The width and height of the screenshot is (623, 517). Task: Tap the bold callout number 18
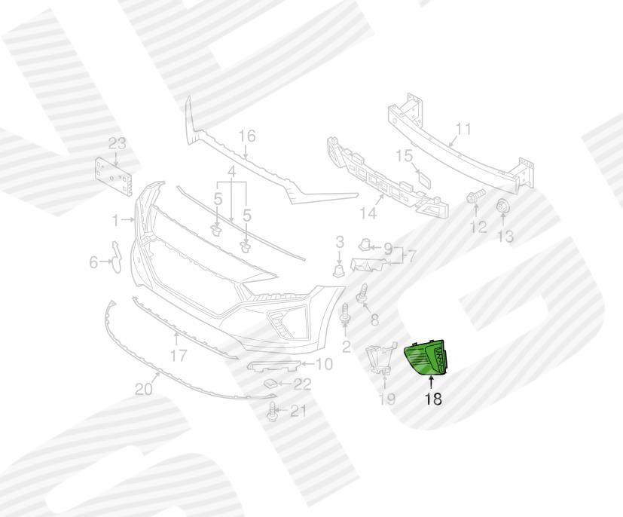click(x=433, y=399)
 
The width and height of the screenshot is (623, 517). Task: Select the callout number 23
click(x=117, y=143)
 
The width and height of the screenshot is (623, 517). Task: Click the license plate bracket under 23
click(x=113, y=177)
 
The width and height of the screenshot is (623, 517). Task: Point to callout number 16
click(x=246, y=136)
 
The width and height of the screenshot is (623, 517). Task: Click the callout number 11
click(x=463, y=129)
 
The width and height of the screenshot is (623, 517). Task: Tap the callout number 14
click(x=368, y=213)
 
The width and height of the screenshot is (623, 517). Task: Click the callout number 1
click(x=115, y=220)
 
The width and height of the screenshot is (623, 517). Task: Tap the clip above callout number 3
click(x=338, y=271)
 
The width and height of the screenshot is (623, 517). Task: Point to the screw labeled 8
click(x=363, y=295)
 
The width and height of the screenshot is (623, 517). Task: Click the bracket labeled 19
click(x=380, y=359)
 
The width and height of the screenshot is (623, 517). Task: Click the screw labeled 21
click(x=271, y=411)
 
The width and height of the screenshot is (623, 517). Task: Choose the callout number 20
click(x=143, y=389)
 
